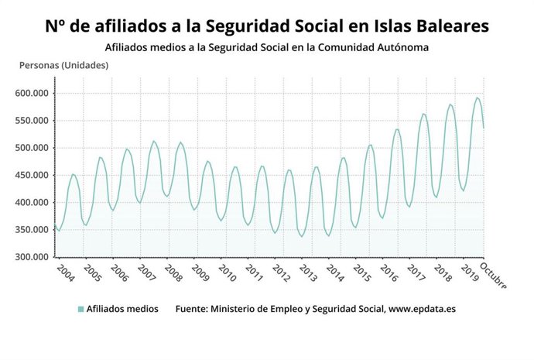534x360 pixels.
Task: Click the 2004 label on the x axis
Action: [x=65, y=273]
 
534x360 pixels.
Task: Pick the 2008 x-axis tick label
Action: [x=173, y=273]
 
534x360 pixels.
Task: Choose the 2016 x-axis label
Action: [x=389, y=273]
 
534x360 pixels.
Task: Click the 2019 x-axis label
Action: [x=469, y=273]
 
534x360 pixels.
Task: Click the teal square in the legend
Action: [x=80, y=309]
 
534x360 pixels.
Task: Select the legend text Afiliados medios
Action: [x=122, y=309]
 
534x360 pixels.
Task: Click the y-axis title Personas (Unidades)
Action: [x=63, y=65]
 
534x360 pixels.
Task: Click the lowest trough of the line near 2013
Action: [x=303, y=236]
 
